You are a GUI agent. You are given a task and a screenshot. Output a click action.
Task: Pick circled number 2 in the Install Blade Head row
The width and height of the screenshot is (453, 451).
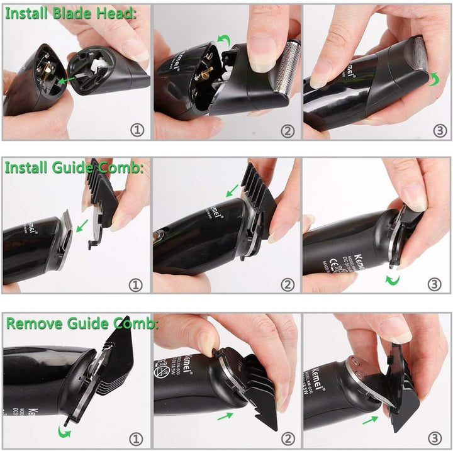pos(287,130)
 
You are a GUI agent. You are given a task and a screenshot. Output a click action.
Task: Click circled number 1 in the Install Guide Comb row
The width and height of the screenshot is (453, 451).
pos(136,284)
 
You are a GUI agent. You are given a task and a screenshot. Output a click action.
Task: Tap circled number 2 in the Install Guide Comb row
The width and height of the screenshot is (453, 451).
pos(287,284)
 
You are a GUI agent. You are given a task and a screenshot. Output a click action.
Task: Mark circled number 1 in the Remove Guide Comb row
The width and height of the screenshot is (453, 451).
pos(136,438)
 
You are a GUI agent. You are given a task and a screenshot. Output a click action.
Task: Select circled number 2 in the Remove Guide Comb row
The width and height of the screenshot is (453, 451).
pos(287,438)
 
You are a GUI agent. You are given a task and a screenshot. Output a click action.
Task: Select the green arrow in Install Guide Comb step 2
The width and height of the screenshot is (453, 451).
pos(233,189)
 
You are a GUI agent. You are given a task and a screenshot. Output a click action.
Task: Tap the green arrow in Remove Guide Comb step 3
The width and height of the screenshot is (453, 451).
pos(371,419)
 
